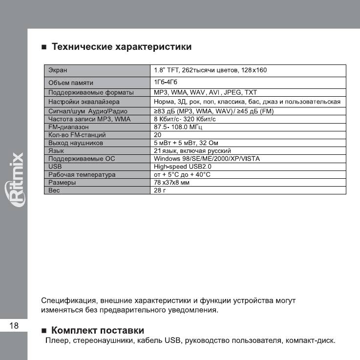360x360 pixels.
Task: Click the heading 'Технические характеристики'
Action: pos(121,47)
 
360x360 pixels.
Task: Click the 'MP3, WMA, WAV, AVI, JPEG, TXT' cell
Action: pos(205,92)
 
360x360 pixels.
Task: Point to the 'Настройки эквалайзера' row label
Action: pos(84,102)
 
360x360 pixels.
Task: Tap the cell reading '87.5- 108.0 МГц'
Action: pos(178,127)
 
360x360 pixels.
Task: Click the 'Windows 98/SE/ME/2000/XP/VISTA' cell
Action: pos(207,159)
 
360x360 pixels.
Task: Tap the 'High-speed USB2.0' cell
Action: pos(183,167)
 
